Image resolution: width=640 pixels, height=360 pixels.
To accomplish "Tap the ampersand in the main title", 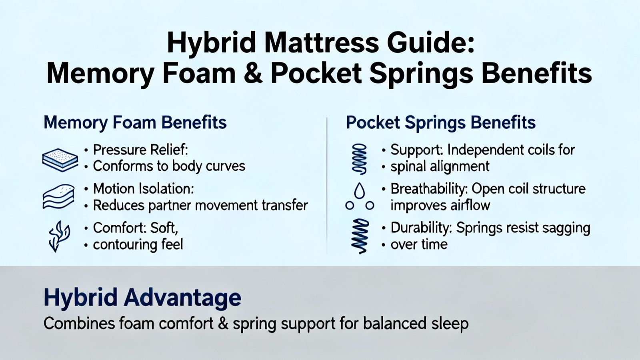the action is coord(252,74).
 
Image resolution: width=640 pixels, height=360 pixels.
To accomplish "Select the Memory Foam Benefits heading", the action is coord(135,123).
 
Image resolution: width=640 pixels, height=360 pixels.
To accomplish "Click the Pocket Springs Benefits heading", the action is coord(440,123).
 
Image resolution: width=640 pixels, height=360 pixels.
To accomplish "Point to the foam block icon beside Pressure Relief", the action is coord(60,160).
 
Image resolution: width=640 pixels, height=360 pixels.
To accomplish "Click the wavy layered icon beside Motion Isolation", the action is coord(58,197).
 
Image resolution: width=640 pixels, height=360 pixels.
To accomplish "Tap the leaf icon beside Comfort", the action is coord(59,236).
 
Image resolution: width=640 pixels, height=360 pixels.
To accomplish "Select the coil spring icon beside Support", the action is coord(360,159).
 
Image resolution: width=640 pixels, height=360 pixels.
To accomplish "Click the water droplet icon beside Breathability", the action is coord(360,190).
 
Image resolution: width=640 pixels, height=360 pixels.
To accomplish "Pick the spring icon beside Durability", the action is coord(360,236).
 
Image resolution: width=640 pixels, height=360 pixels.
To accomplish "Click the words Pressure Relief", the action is coord(140,150).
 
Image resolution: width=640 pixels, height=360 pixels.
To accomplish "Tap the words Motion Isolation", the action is coord(144,189).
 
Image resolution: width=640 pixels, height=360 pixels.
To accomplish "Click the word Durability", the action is coord(421,228).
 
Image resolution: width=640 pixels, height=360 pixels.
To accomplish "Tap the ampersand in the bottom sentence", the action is coord(223,324).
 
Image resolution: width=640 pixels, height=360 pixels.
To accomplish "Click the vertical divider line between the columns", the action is coord(327,186).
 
